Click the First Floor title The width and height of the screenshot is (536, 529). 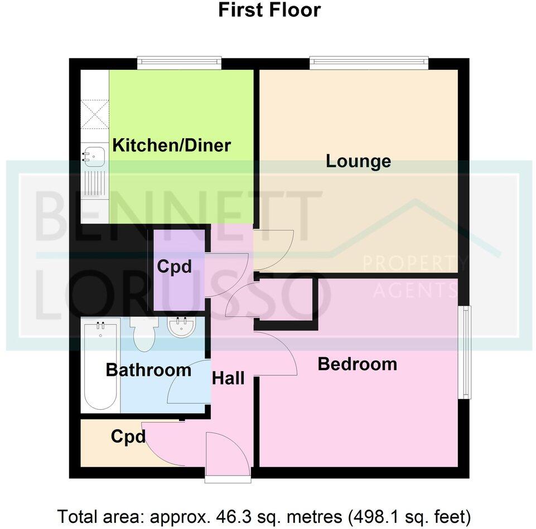pos(269,10)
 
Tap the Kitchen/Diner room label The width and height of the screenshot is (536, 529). pos(172,146)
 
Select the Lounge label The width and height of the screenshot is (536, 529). pos(358,162)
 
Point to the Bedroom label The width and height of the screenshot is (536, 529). pos(358,365)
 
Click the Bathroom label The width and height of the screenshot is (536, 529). pos(148,370)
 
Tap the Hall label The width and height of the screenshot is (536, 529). pos(228,378)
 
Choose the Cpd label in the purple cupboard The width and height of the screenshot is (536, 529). pos(174,267)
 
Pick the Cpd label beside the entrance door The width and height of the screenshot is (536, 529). pos(128,436)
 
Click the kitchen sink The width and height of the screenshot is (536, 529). pos(94,157)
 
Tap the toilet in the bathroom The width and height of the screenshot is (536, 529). pos(143,334)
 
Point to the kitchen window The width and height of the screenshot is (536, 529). pos(179,63)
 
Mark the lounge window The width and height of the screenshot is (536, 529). pos(369,63)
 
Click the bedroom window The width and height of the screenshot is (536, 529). pos(464,352)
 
